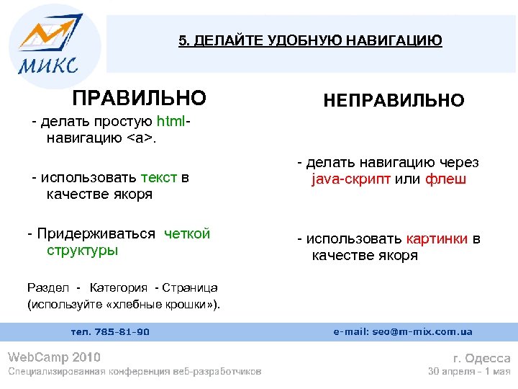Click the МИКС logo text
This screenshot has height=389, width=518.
tap(47, 66)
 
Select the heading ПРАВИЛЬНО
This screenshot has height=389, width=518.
tap(139, 97)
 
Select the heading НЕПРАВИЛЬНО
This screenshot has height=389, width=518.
tap(394, 100)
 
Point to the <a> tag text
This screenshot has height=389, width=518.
tap(141, 138)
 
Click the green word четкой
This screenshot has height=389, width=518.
tap(187, 233)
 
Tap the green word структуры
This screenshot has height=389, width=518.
tap(82, 251)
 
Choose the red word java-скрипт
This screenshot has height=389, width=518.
tap(352, 180)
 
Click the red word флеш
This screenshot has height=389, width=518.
tap(445, 180)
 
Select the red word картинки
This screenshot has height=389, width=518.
tap(437, 238)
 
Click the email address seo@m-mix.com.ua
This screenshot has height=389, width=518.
tap(403, 331)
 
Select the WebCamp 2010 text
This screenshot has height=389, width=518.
tap(54, 357)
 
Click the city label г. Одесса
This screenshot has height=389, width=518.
tap(481, 358)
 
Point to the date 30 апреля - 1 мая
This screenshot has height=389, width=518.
tap(469, 372)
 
